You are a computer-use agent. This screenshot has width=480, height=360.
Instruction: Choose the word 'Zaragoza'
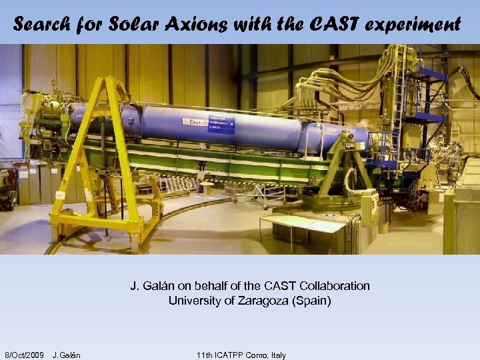(x=259, y=301)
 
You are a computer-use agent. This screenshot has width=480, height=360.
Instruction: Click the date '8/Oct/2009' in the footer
(x=24, y=355)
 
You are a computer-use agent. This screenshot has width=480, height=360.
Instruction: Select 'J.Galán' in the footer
(x=66, y=355)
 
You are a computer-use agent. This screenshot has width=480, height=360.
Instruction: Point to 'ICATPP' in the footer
(x=230, y=355)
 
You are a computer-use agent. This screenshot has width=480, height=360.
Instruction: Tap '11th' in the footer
(x=205, y=355)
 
